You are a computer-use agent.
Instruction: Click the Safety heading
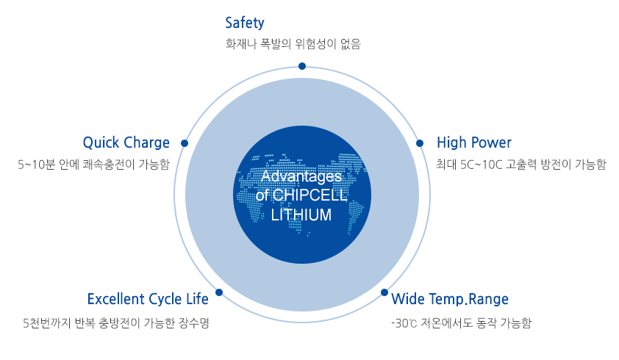tap(245, 23)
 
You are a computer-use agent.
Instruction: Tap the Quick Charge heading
tap(126, 143)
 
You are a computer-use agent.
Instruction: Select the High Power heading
tap(473, 143)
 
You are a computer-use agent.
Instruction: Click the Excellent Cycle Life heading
tap(147, 299)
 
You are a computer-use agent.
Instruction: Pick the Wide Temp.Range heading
tap(450, 299)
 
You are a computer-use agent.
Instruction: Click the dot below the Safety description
tap(302, 66)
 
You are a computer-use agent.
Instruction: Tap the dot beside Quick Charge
tap(185, 143)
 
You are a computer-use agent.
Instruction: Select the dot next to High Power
tap(421, 143)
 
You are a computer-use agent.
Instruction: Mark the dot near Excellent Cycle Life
tap(219, 292)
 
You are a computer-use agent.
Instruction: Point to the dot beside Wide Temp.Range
tap(385, 292)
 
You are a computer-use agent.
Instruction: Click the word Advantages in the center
tap(301, 177)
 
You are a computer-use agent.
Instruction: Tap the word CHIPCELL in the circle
tap(309, 195)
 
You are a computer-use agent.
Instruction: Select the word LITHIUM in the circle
tap(301, 215)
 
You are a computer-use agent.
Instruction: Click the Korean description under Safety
tap(293, 44)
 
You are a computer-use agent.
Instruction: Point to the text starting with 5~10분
tap(93, 165)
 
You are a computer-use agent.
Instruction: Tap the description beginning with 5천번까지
tap(116, 323)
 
